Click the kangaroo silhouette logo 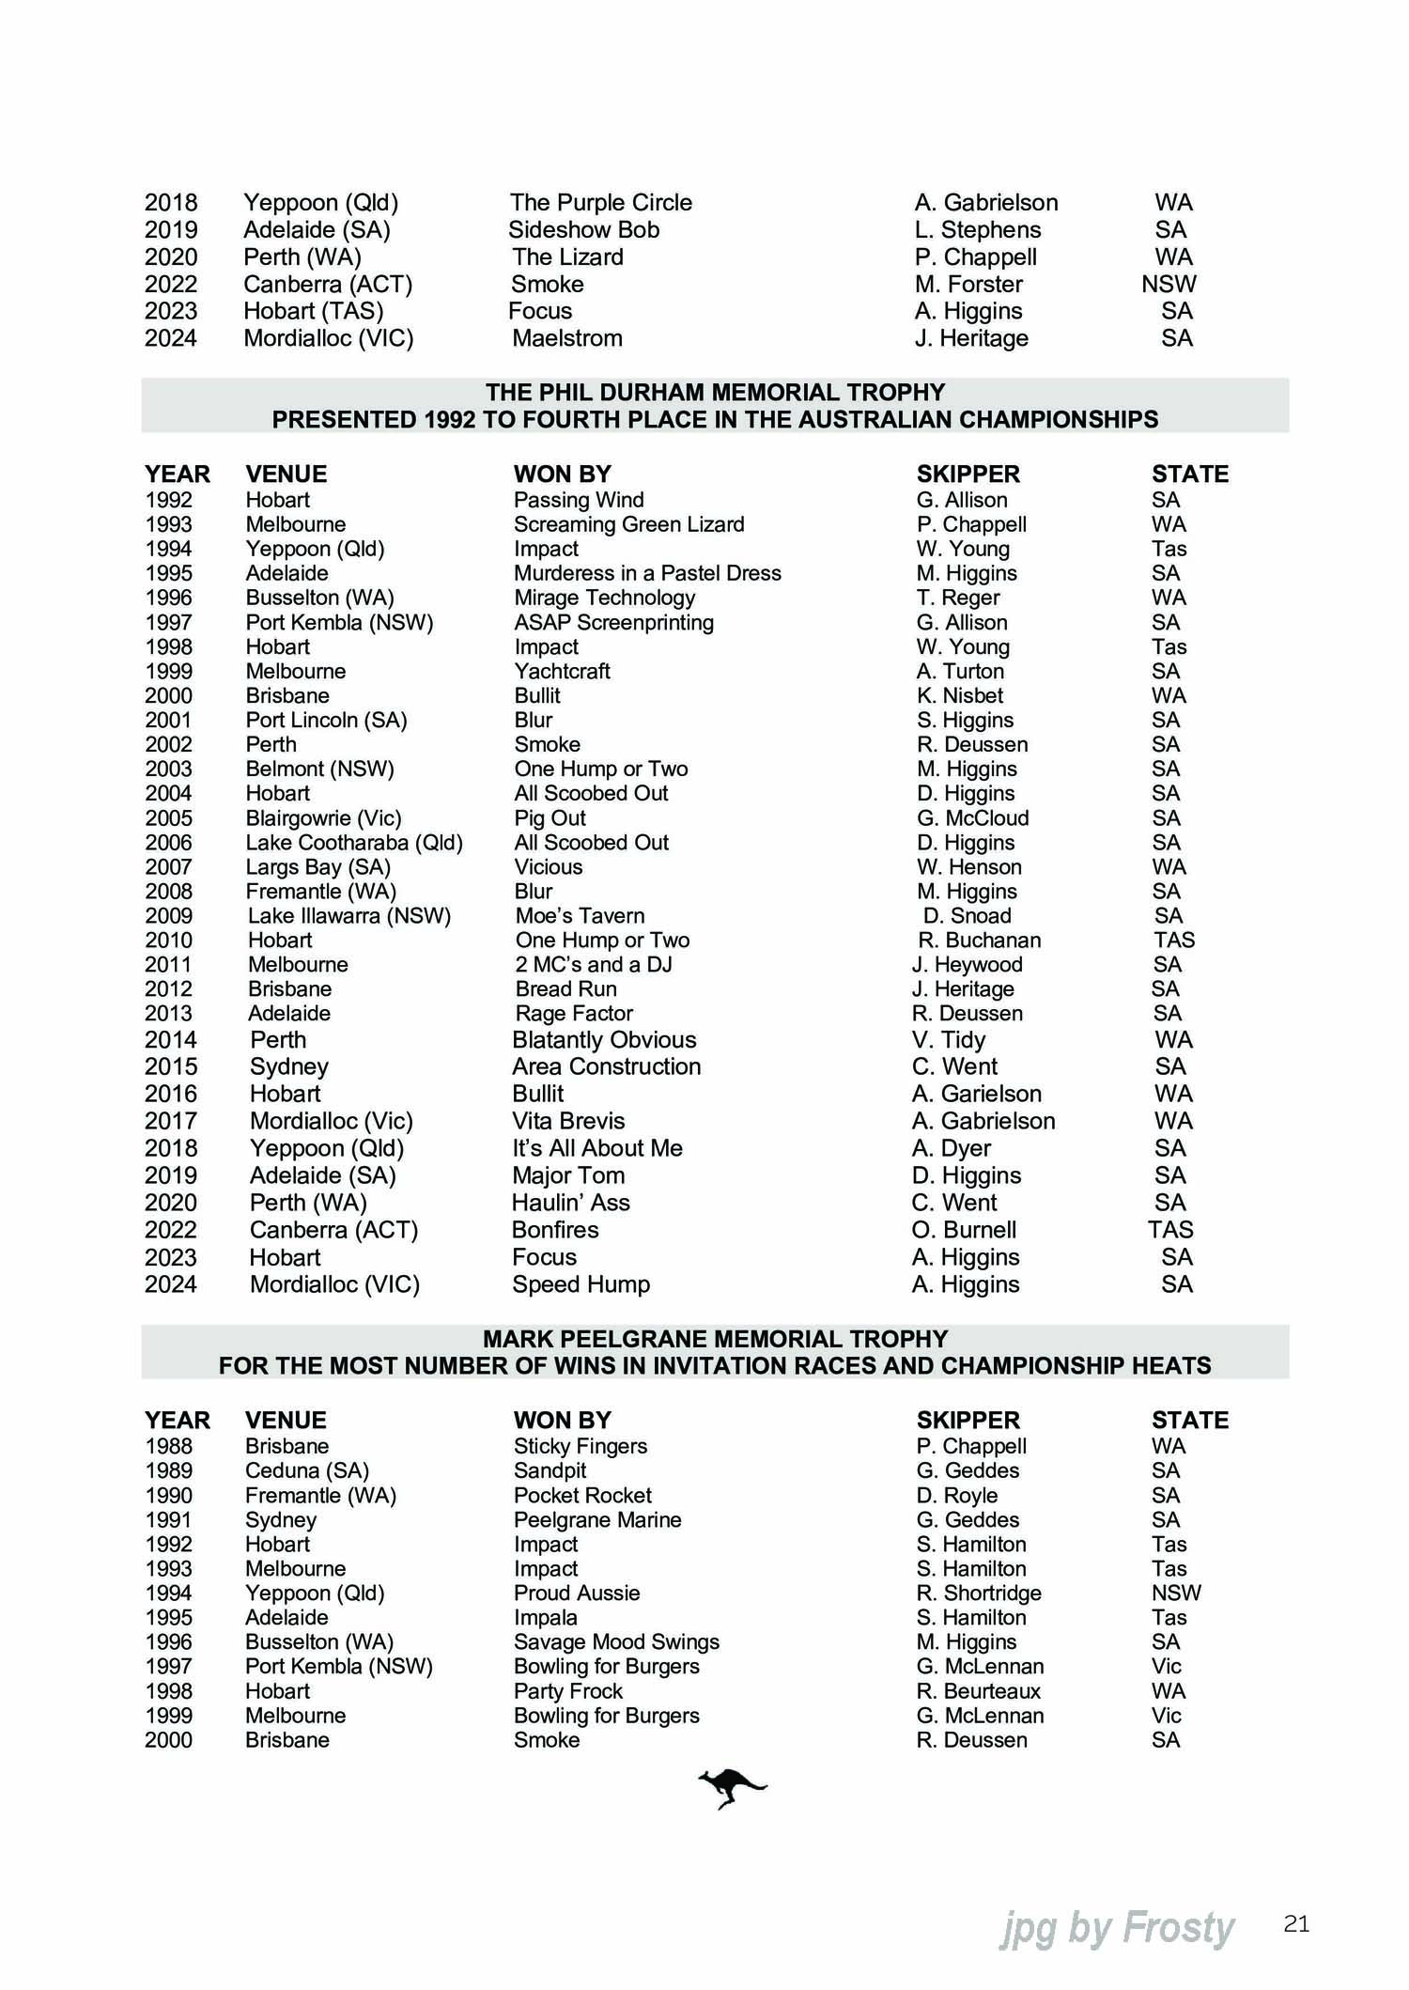731,1787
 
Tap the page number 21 1296,1924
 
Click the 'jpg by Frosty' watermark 1116,1928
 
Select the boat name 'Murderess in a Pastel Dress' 647,573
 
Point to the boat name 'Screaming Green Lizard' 628,524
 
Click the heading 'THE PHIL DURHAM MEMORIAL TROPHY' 715,393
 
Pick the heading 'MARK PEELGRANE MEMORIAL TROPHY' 715,1339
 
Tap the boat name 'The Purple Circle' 600,203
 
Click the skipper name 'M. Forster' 968,285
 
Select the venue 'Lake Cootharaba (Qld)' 354,843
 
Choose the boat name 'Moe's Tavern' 580,916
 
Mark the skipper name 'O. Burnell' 966,1230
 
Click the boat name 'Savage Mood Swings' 616,1641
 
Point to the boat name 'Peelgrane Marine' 597,1519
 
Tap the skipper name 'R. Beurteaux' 979,1690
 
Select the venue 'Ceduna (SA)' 307,1470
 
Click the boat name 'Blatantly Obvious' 604,1040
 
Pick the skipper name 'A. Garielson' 977,1094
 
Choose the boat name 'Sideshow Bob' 583,230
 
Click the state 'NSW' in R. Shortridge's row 1176,1593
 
